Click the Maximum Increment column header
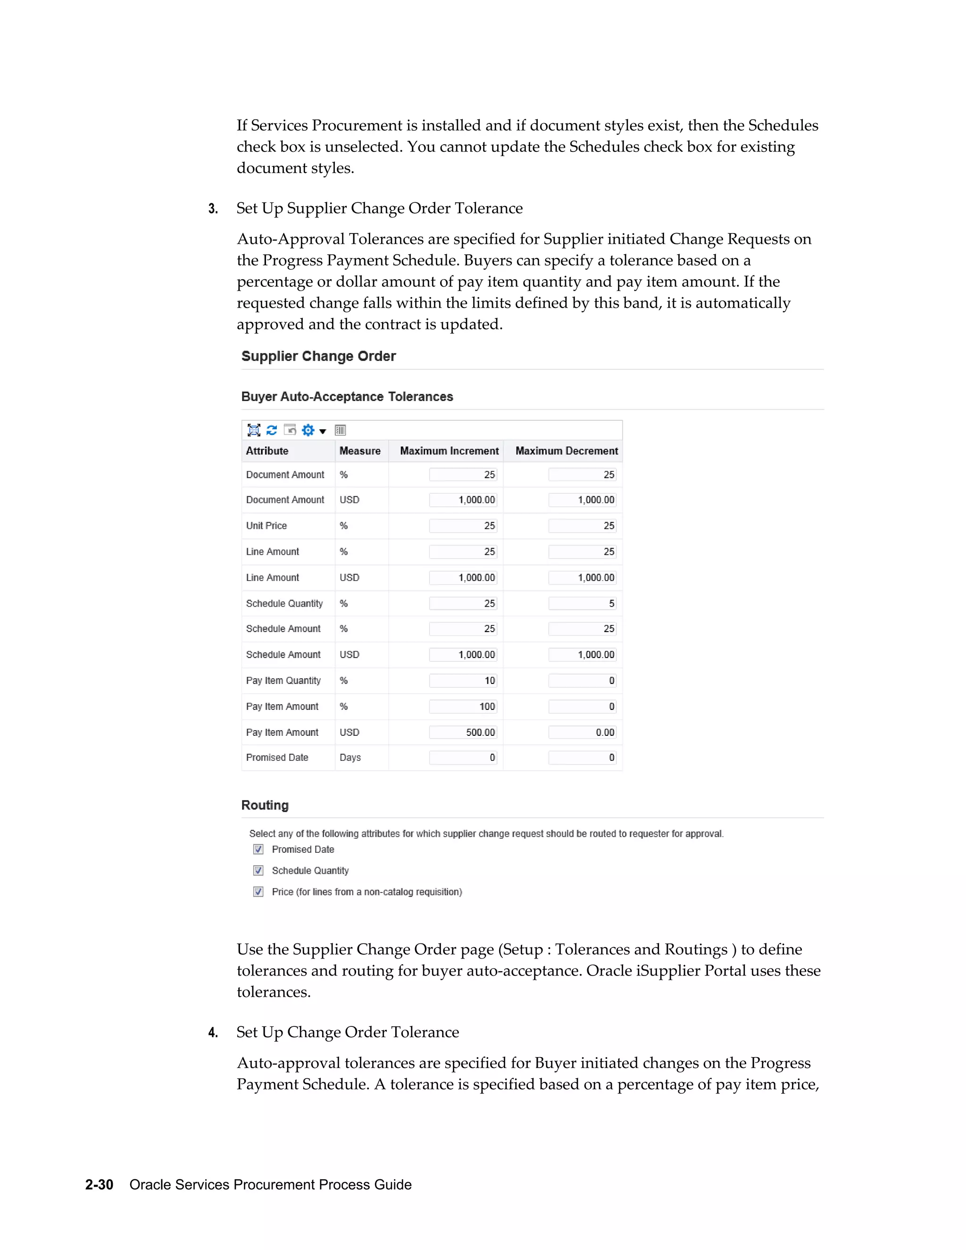[449, 451]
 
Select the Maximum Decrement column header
[566, 451]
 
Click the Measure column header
[360, 451]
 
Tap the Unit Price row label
[266, 525]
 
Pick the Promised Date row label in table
[277, 757]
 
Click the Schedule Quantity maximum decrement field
[582, 603]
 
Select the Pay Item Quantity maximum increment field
[463, 681]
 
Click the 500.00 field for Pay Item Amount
[463, 732]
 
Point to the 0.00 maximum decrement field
[582, 732]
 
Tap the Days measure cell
[350, 757]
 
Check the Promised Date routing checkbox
[258, 850]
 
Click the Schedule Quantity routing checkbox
[258, 871]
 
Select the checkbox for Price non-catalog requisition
[258, 892]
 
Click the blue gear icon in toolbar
[308, 430]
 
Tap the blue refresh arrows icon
[272, 430]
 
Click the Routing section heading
[265, 805]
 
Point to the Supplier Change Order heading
[319, 356]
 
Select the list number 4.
[213, 1033]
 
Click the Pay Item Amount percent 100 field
[463, 706]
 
